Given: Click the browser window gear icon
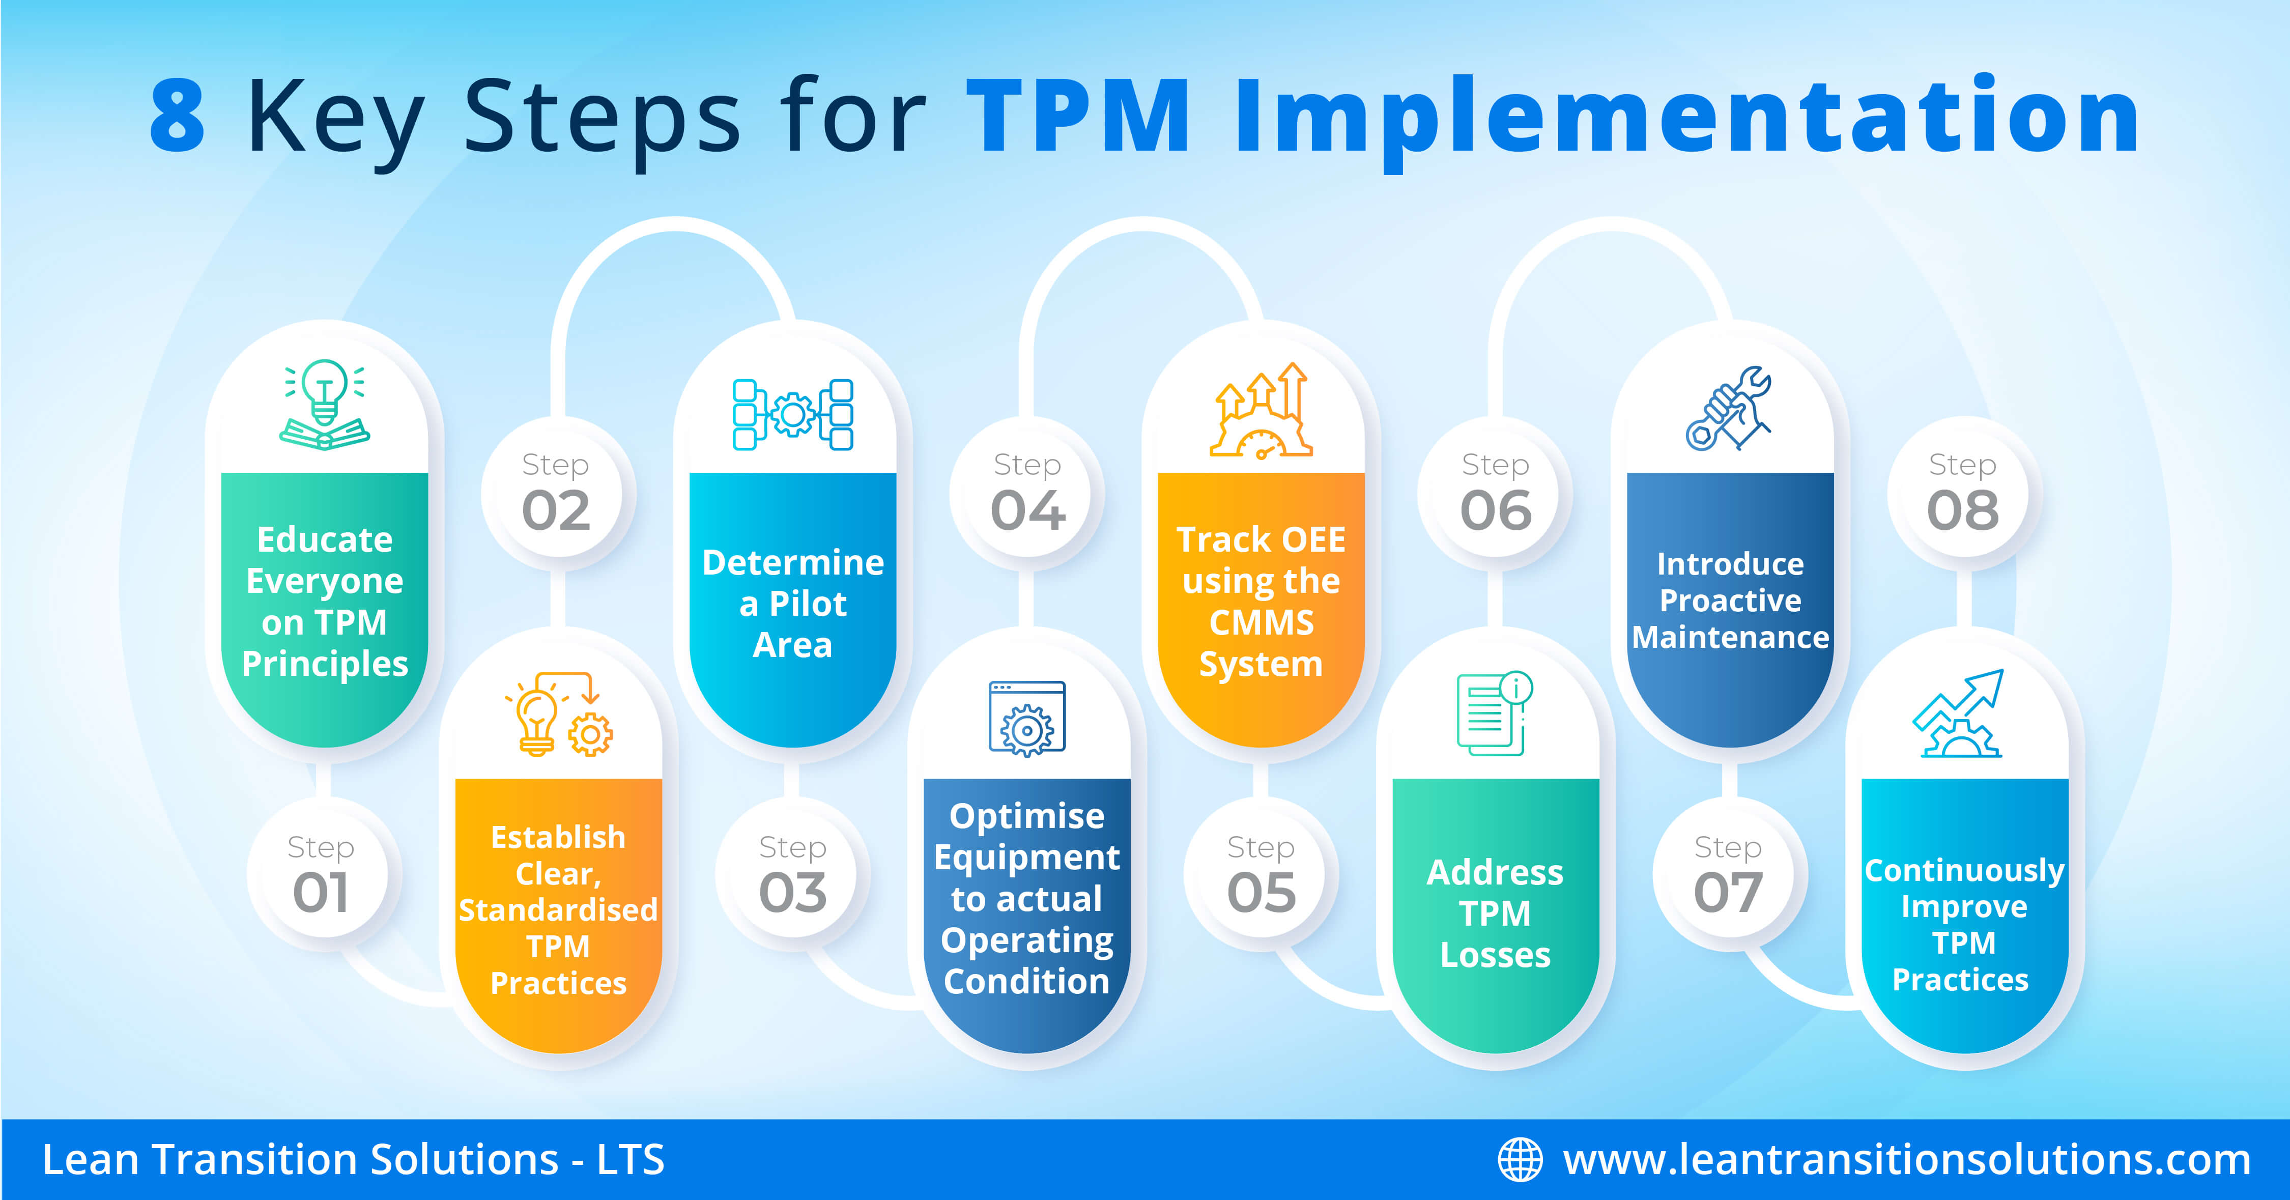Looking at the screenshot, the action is [1027, 718].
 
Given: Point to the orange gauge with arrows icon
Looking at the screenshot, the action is [1261, 411].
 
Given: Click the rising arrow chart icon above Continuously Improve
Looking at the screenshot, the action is [1958, 714].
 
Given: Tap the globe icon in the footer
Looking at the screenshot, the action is [1520, 1160].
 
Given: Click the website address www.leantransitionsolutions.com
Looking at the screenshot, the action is [1907, 1160].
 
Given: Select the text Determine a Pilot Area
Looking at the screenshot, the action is [793, 604].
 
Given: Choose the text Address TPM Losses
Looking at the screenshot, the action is [1495, 913].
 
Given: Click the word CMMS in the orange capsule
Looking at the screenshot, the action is [1261, 622].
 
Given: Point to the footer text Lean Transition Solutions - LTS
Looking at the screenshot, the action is [354, 1160].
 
